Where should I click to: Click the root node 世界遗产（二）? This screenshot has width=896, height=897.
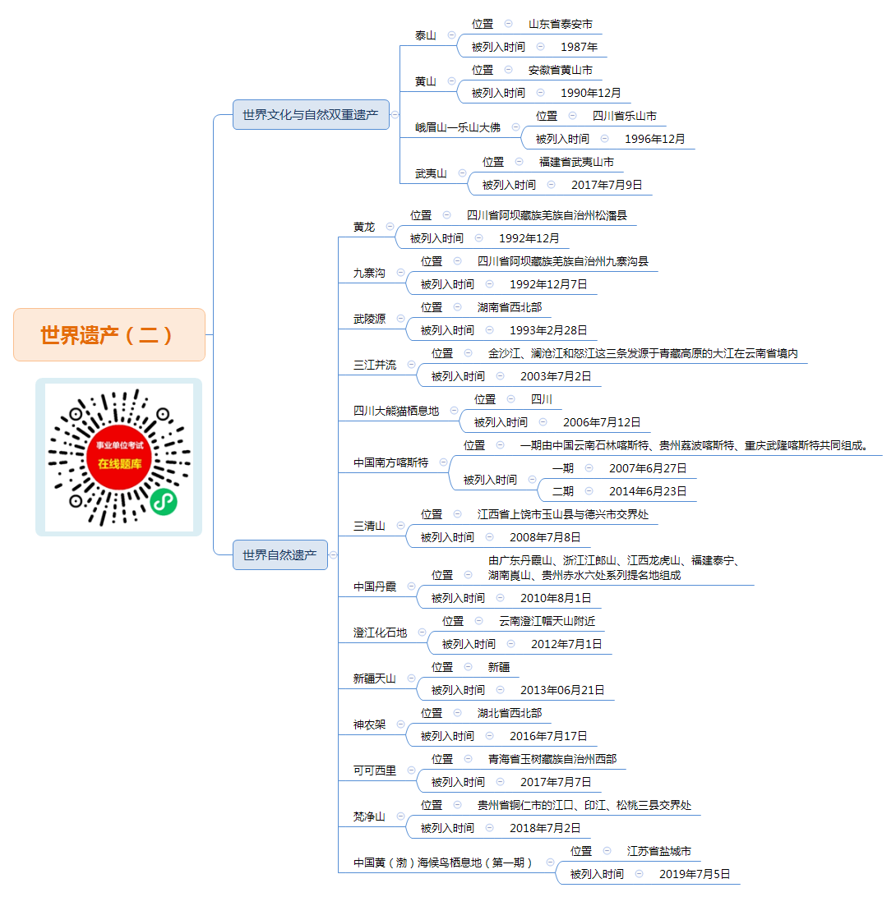(109, 334)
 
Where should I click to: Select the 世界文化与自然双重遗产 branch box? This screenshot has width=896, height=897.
(311, 114)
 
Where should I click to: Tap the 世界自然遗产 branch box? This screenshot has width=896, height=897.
(280, 555)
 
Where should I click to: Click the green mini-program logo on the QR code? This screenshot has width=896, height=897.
(164, 502)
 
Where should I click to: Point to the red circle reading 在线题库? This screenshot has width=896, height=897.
(119, 457)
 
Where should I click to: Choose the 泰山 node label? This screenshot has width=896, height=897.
(425, 35)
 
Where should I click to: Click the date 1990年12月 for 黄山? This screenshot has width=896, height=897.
(590, 93)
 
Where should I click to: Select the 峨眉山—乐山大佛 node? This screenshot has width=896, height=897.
(457, 127)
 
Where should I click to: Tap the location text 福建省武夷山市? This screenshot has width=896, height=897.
(576, 162)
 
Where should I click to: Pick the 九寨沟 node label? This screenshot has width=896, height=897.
(369, 273)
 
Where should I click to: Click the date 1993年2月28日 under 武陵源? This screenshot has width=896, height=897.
(548, 330)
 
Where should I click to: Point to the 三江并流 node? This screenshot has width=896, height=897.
(375, 365)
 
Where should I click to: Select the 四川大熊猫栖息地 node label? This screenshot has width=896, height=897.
(396, 411)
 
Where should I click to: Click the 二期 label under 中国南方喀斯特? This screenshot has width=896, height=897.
(563, 491)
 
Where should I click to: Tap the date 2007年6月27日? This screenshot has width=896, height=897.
(648, 468)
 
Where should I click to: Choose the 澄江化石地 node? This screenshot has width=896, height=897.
(380, 632)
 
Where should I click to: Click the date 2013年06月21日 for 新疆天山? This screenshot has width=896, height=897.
(562, 690)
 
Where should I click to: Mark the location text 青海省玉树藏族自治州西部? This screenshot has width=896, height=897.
(552, 759)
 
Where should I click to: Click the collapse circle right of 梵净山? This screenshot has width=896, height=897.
(401, 816)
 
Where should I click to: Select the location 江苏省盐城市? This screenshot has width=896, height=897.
(658, 851)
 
